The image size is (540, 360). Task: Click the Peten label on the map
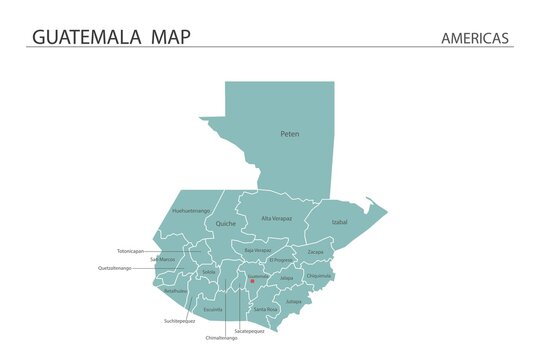pyautogui.click(x=290, y=133)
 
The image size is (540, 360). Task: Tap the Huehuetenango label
pyautogui.click(x=191, y=211)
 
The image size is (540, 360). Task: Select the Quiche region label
pyautogui.click(x=226, y=224)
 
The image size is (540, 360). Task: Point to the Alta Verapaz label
pyautogui.click(x=277, y=218)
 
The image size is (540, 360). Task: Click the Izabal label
pyautogui.click(x=339, y=222)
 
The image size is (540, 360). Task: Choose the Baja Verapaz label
pyautogui.click(x=258, y=250)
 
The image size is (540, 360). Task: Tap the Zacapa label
pyautogui.click(x=315, y=252)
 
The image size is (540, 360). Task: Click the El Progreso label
pyautogui.click(x=282, y=260)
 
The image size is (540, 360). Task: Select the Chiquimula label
pyautogui.click(x=319, y=275)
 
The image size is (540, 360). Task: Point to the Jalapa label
pyautogui.click(x=287, y=278)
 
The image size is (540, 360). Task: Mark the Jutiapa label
pyautogui.click(x=293, y=300)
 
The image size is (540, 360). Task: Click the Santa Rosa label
pyautogui.click(x=266, y=309)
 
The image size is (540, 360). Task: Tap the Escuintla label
pyautogui.click(x=213, y=310)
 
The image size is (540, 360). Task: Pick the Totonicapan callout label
pyautogui.click(x=130, y=251)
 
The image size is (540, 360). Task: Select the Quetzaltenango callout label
pyautogui.click(x=115, y=268)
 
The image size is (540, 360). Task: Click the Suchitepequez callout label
pyautogui.click(x=180, y=321)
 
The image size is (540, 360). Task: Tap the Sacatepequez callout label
pyautogui.click(x=249, y=330)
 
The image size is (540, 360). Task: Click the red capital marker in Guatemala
pyautogui.click(x=252, y=281)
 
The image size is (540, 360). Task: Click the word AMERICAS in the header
pyautogui.click(x=475, y=38)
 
